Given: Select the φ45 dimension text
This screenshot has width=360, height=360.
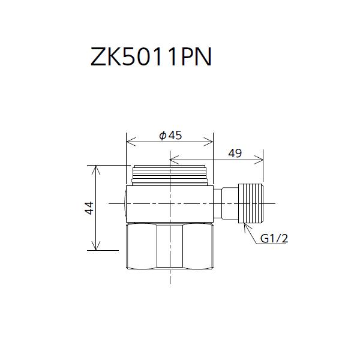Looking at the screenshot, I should [x=170, y=135].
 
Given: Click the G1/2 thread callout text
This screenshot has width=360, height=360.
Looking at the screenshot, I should [x=274, y=239].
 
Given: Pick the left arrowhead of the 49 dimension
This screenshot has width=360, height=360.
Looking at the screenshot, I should [x=173, y=160].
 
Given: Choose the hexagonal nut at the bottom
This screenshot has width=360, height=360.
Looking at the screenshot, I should [x=170, y=247].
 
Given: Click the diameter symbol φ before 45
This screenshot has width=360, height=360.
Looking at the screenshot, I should [x=162, y=136].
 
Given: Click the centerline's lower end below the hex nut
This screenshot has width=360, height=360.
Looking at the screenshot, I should [x=170, y=281].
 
